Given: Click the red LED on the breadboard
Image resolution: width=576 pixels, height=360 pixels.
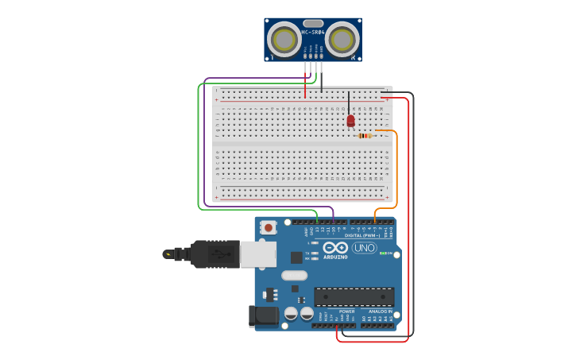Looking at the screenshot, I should (350, 121).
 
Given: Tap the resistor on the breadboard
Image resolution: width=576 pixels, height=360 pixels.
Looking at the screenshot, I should (365, 136).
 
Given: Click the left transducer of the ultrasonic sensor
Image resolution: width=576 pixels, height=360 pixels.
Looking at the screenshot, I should (284, 38).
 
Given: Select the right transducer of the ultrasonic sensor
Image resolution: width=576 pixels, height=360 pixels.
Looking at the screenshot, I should (342, 38).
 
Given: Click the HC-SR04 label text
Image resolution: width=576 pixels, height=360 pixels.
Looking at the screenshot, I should (313, 33).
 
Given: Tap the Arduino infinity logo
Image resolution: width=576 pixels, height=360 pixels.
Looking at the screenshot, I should (334, 247).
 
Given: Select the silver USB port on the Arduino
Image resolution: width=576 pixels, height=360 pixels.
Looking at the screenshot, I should (257, 254).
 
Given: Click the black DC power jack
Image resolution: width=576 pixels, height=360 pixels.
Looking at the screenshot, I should (264, 315).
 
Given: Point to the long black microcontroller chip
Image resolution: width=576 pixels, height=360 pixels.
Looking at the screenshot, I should (354, 297).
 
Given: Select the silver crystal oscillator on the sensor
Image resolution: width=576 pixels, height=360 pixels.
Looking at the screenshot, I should (313, 24).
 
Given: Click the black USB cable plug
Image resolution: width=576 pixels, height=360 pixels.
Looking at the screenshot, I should (215, 254).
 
